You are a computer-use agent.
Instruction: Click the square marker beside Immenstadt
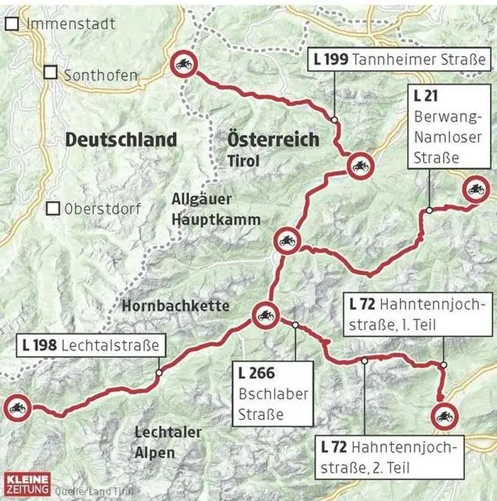[x=11, y=24]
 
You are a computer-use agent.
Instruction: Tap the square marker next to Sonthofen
[x=50, y=72]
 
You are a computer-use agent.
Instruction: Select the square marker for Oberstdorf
[x=52, y=209]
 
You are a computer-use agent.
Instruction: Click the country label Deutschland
[x=121, y=139]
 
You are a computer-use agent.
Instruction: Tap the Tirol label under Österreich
[x=243, y=161]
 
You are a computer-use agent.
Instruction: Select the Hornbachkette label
[x=176, y=306]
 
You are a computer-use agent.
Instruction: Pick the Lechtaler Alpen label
[x=168, y=442]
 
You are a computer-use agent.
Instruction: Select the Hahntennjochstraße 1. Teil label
[x=419, y=315]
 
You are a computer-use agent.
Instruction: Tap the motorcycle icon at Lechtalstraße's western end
[x=16, y=408]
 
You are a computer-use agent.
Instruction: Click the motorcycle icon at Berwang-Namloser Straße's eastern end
[x=475, y=190]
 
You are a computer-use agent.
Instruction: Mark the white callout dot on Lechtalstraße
[x=158, y=372]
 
